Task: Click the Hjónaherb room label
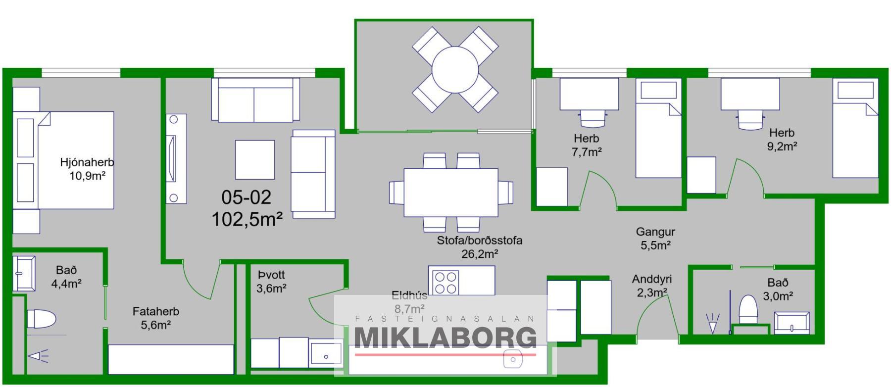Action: click(x=87, y=162)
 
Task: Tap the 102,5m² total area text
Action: click(x=247, y=219)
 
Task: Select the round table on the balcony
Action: click(x=454, y=70)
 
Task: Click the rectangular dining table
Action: click(x=451, y=193)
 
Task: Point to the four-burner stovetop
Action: click(x=445, y=283)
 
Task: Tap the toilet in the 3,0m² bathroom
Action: click(x=748, y=309)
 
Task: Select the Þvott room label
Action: click(x=271, y=275)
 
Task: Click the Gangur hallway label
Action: click(x=655, y=232)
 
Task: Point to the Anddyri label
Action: click(x=651, y=279)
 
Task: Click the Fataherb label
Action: click(x=155, y=312)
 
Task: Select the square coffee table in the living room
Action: click(x=254, y=159)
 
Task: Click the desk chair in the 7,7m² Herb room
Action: click(x=593, y=119)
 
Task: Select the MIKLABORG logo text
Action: click(x=445, y=338)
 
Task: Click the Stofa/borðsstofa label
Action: click(x=479, y=241)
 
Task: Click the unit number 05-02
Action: click(x=246, y=197)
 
